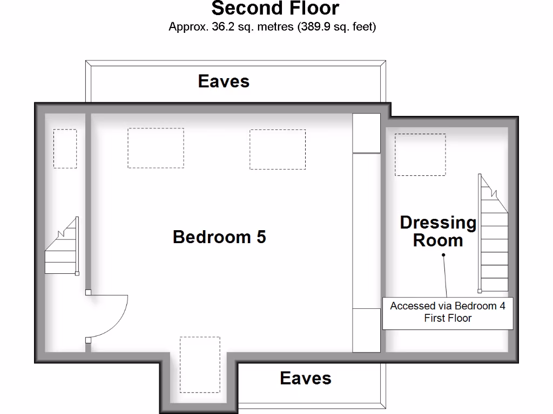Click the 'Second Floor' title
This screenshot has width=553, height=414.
(275, 9)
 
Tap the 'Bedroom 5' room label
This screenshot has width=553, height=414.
(219, 237)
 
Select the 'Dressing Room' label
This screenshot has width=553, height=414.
(438, 231)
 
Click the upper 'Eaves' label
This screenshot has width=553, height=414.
(224, 81)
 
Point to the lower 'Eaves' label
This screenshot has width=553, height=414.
(305, 378)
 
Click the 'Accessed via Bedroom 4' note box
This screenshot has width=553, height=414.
(448, 313)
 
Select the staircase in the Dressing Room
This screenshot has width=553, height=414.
(494, 237)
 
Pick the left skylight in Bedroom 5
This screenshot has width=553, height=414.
(156, 148)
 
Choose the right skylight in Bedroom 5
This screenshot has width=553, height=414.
(277, 149)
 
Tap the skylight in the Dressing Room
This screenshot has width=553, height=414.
(420, 155)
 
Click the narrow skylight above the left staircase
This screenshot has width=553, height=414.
(65, 148)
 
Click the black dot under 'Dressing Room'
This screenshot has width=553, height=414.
(443, 255)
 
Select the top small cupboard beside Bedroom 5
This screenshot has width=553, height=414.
(366, 133)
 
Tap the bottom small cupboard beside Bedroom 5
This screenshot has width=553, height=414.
(366, 330)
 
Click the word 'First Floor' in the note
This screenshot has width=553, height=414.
(448, 318)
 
